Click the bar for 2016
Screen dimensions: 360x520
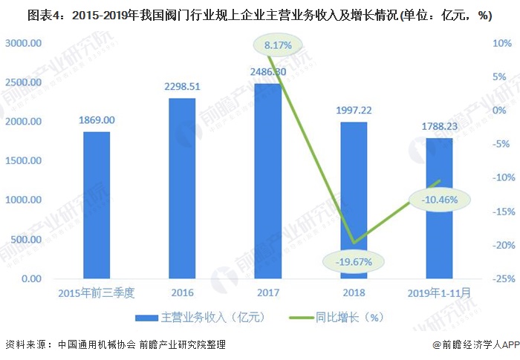[182, 189]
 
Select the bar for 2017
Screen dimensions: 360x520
[267, 181]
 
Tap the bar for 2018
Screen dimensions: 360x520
[354, 200]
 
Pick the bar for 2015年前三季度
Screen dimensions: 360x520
[97, 206]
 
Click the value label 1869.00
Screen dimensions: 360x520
[97, 120]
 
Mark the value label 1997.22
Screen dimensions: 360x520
[354, 110]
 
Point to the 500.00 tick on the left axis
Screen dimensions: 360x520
[25, 239]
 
